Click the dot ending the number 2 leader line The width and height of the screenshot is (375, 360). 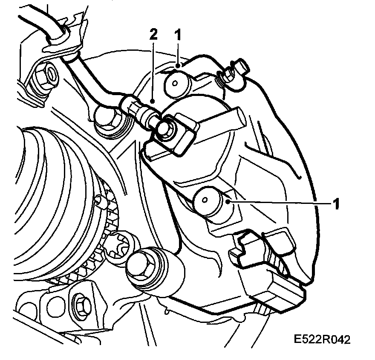point(153,102)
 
